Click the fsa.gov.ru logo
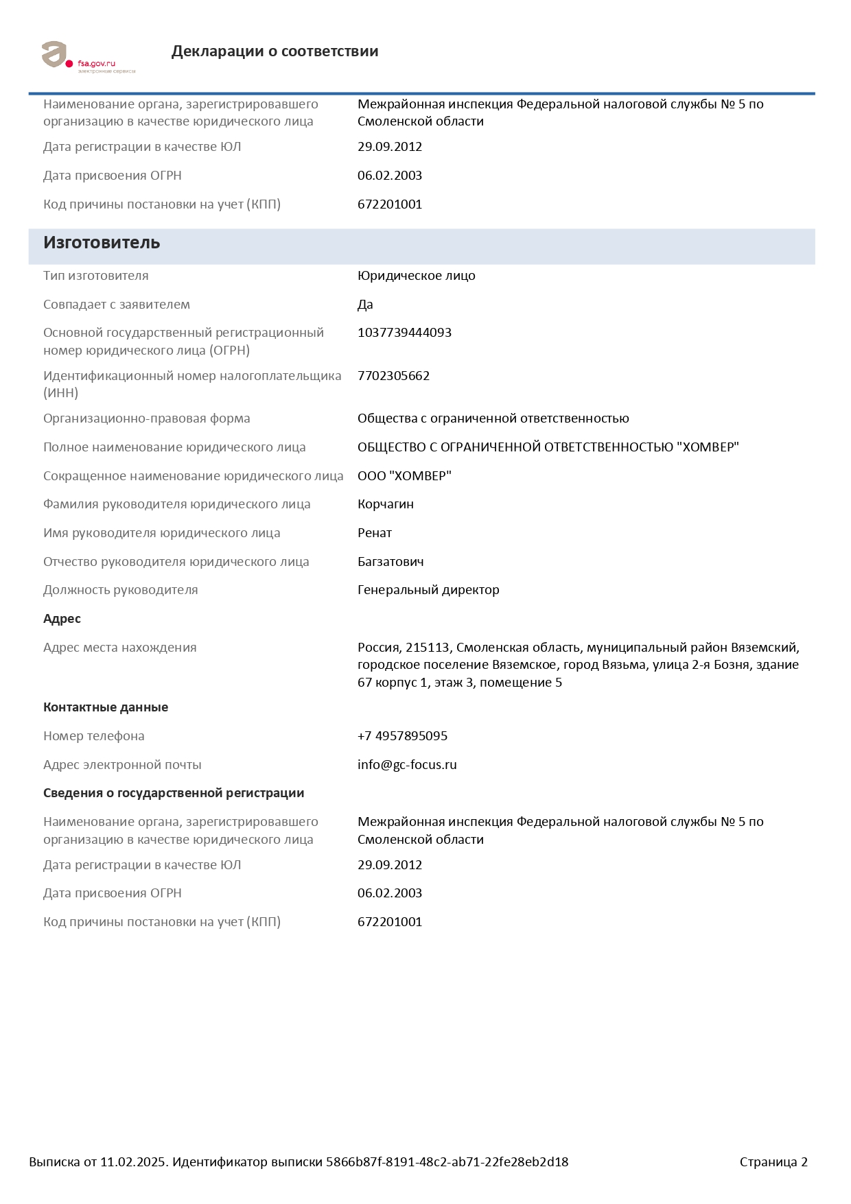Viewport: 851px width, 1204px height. [88, 57]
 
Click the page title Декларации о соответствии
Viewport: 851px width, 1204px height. [275, 51]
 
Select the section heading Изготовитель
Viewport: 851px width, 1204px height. [102, 243]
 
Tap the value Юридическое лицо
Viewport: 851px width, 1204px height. [416, 276]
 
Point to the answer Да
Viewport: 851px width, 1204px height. [365, 305]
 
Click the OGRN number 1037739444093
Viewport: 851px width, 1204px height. [404, 333]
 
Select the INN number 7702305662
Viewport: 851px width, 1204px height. [393, 376]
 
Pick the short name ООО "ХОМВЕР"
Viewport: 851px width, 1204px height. [404, 476]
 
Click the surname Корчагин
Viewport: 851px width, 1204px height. [385, 504]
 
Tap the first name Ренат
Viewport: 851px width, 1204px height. [374, 533]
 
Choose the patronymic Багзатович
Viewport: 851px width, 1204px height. [390, 562]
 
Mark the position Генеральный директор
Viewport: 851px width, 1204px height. [428, 590]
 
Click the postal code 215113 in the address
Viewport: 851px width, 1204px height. [427, 648]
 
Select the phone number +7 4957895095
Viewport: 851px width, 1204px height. [402, 736]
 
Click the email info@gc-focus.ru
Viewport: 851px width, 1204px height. [407, 765]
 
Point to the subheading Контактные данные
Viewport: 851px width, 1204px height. [106, 707]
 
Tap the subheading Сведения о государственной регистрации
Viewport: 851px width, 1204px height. [174, 793]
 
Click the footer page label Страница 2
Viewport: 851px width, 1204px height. [773, 1162]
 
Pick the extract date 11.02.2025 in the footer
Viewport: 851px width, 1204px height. [133, 1162]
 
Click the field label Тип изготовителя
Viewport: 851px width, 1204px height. [96, 276]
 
